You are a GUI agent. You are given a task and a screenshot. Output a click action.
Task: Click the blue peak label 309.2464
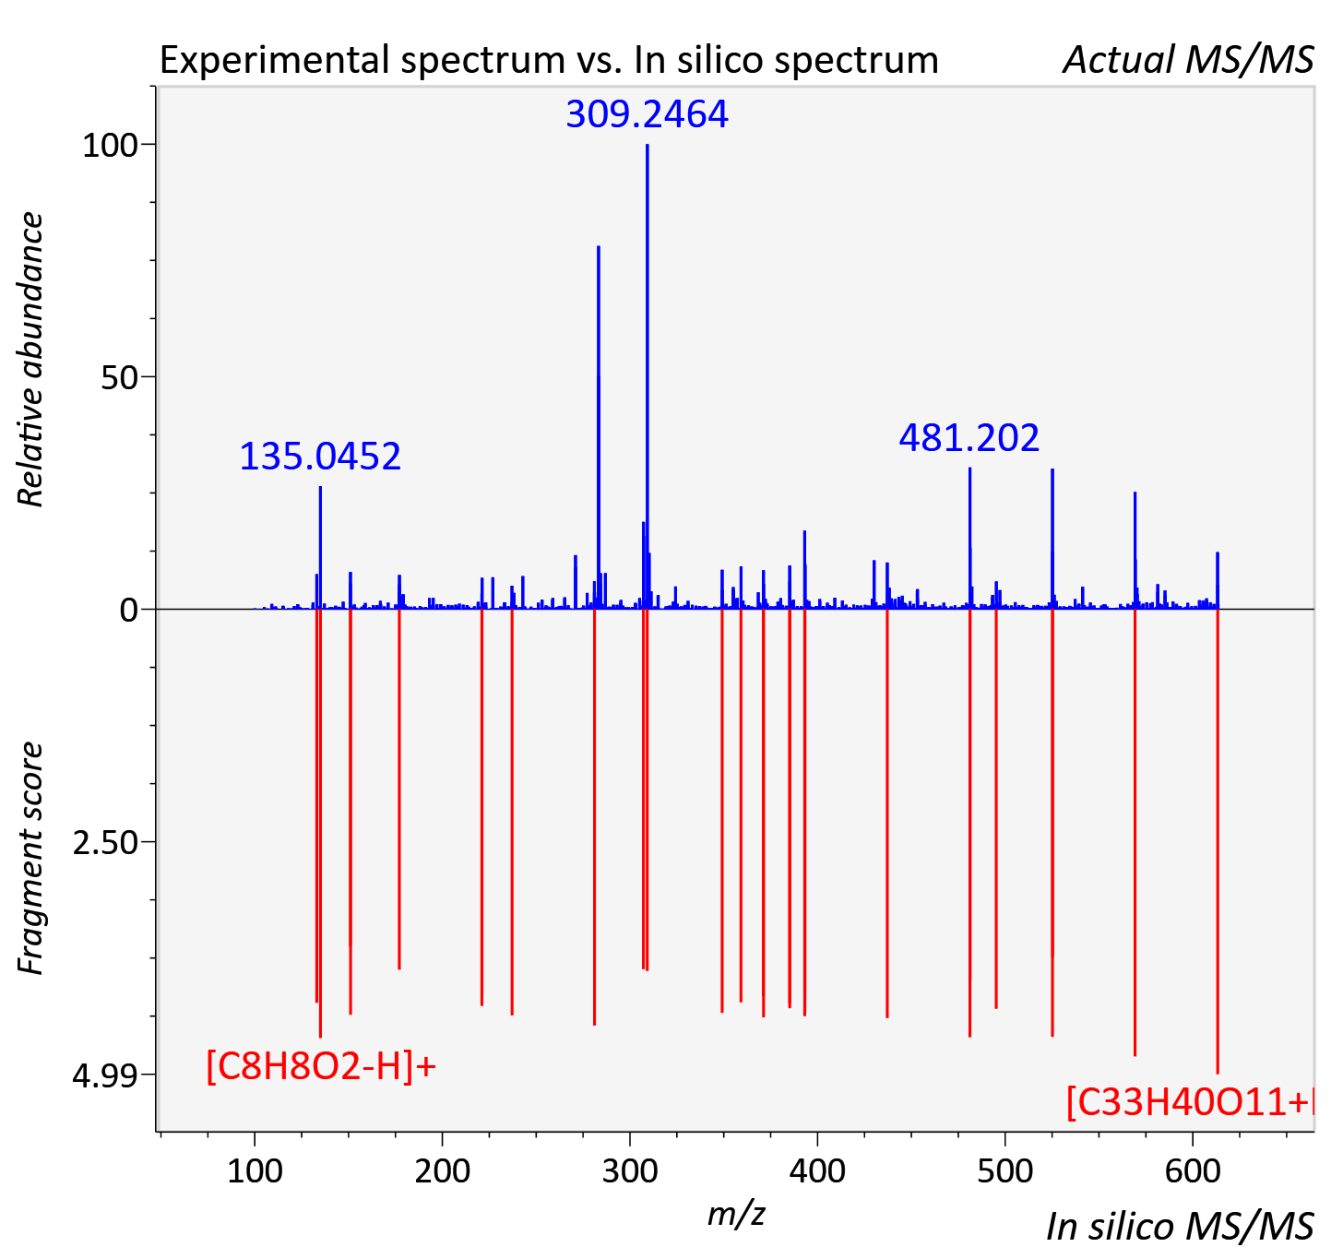[648, 114]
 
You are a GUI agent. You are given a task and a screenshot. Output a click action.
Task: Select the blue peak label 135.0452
[320, 457]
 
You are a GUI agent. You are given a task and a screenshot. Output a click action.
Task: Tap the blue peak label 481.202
[969, 438]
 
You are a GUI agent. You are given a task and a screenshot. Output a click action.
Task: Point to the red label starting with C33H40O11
[1190, 1103]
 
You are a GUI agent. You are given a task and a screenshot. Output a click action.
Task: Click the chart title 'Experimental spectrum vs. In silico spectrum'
[549, 60]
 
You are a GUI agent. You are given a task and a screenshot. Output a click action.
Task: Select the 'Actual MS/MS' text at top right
[1189, 60]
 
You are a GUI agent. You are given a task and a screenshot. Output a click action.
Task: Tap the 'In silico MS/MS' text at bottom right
[1180, 1226]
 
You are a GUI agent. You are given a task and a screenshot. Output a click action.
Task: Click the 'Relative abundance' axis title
[30, 359]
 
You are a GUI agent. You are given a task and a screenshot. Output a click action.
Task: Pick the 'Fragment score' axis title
[30, 858]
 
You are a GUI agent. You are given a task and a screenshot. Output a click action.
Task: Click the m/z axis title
[736, 1214]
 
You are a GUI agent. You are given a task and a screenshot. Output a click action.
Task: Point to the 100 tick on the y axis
[110, 146]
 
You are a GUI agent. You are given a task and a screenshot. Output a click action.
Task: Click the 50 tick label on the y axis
[119, 378]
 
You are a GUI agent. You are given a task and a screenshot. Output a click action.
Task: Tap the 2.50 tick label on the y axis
[105, 843]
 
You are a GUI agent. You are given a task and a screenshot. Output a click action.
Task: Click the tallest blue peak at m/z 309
[648, 376]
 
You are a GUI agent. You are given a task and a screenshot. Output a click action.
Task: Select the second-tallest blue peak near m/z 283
[599, 427]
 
